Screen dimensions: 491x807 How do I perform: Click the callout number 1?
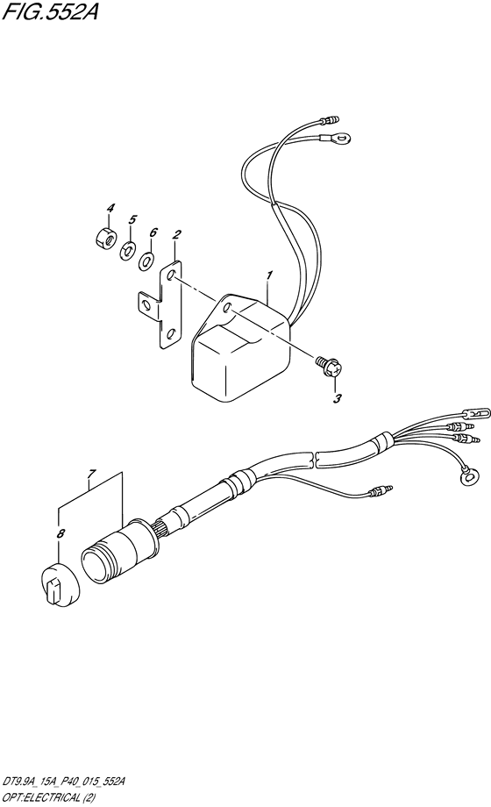(269, 275)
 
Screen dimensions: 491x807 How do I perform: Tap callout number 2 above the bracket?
(176, 235)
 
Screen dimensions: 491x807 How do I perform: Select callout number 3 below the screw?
(337, 398)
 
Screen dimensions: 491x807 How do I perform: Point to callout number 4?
(110, 208)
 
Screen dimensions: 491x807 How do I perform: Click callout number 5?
(132, 220)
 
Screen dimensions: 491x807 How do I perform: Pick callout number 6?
(153, 232)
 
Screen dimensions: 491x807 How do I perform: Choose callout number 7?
(92, 473)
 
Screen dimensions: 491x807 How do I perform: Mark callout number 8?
(60, 533)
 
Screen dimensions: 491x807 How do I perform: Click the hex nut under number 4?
(104, 236)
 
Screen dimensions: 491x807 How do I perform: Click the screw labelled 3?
(328, 366)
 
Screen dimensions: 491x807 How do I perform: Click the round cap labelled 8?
(60, 585)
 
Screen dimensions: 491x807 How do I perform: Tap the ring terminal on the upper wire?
(336, 138)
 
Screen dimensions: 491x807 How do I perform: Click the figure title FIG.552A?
(51, 11)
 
